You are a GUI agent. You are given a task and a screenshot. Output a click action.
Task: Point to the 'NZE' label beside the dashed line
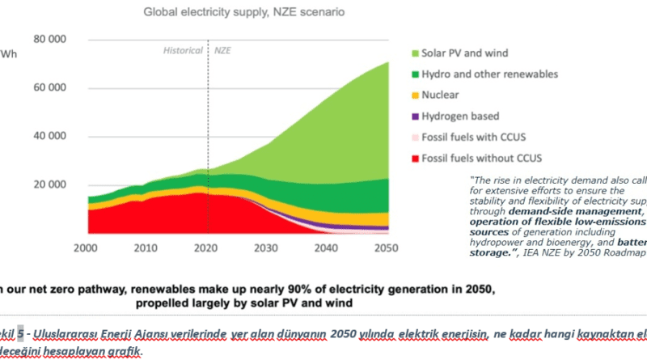222,50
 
